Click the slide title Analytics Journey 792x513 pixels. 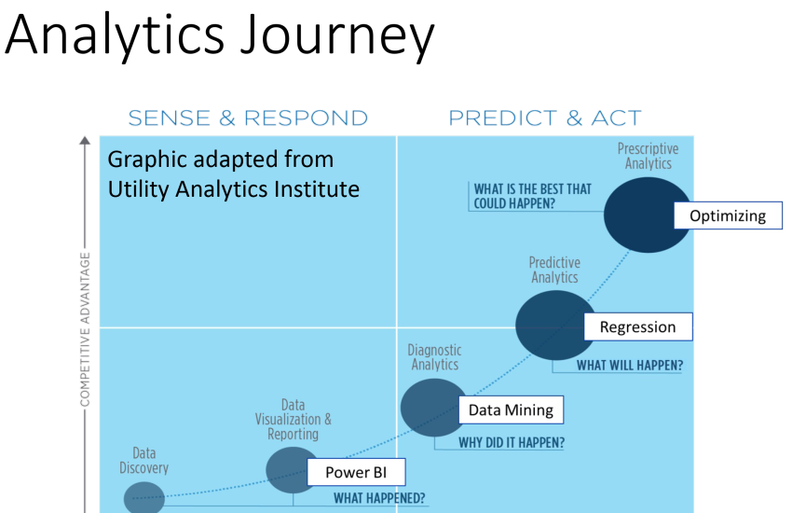point(221,37)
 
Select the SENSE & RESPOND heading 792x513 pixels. point(248,118)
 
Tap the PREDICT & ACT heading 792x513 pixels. point(545,118)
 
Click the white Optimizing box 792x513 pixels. point(727,215)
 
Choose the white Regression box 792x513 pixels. point(637,326)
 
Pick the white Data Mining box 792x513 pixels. point(511,409)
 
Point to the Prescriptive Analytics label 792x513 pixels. point(648,156)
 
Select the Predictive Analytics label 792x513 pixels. point(554,270)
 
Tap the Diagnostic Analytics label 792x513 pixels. point(433,357)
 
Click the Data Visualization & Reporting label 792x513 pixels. point(293,420)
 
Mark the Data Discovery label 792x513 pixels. point(143,460)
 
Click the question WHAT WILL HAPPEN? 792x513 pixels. point(629,365)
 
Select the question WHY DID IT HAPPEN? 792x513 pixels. point(511,443)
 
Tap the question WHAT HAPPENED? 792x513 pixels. point(379,498)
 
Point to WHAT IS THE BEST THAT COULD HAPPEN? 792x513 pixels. point(532,196)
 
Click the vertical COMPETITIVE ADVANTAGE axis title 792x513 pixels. point(85,329)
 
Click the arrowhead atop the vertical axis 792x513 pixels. point(85,142)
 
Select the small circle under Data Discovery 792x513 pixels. point(143,498)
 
